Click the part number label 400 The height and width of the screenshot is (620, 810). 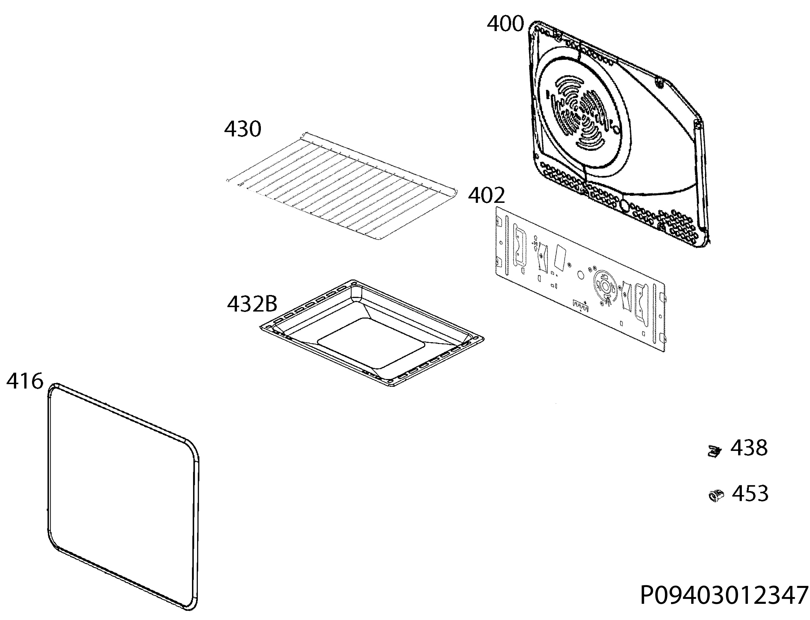(x=505, y=24)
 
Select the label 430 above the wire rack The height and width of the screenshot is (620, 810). (x=243, y=129)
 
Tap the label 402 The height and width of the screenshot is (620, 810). (x=486, y=196)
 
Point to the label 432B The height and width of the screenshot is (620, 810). (x=252, y=304)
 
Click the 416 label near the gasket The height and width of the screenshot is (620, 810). (x=25, y=381)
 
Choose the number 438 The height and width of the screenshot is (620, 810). (x=749, y=448)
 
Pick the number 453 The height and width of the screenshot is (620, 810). (x=750, y=493)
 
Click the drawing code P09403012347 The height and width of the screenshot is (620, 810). (x=724, y=595)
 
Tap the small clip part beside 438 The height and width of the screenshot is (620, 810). (x=714, y=451)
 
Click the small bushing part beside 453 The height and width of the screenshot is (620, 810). (x=716, y=495)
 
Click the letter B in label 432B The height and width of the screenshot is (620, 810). (x=270, y=304)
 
